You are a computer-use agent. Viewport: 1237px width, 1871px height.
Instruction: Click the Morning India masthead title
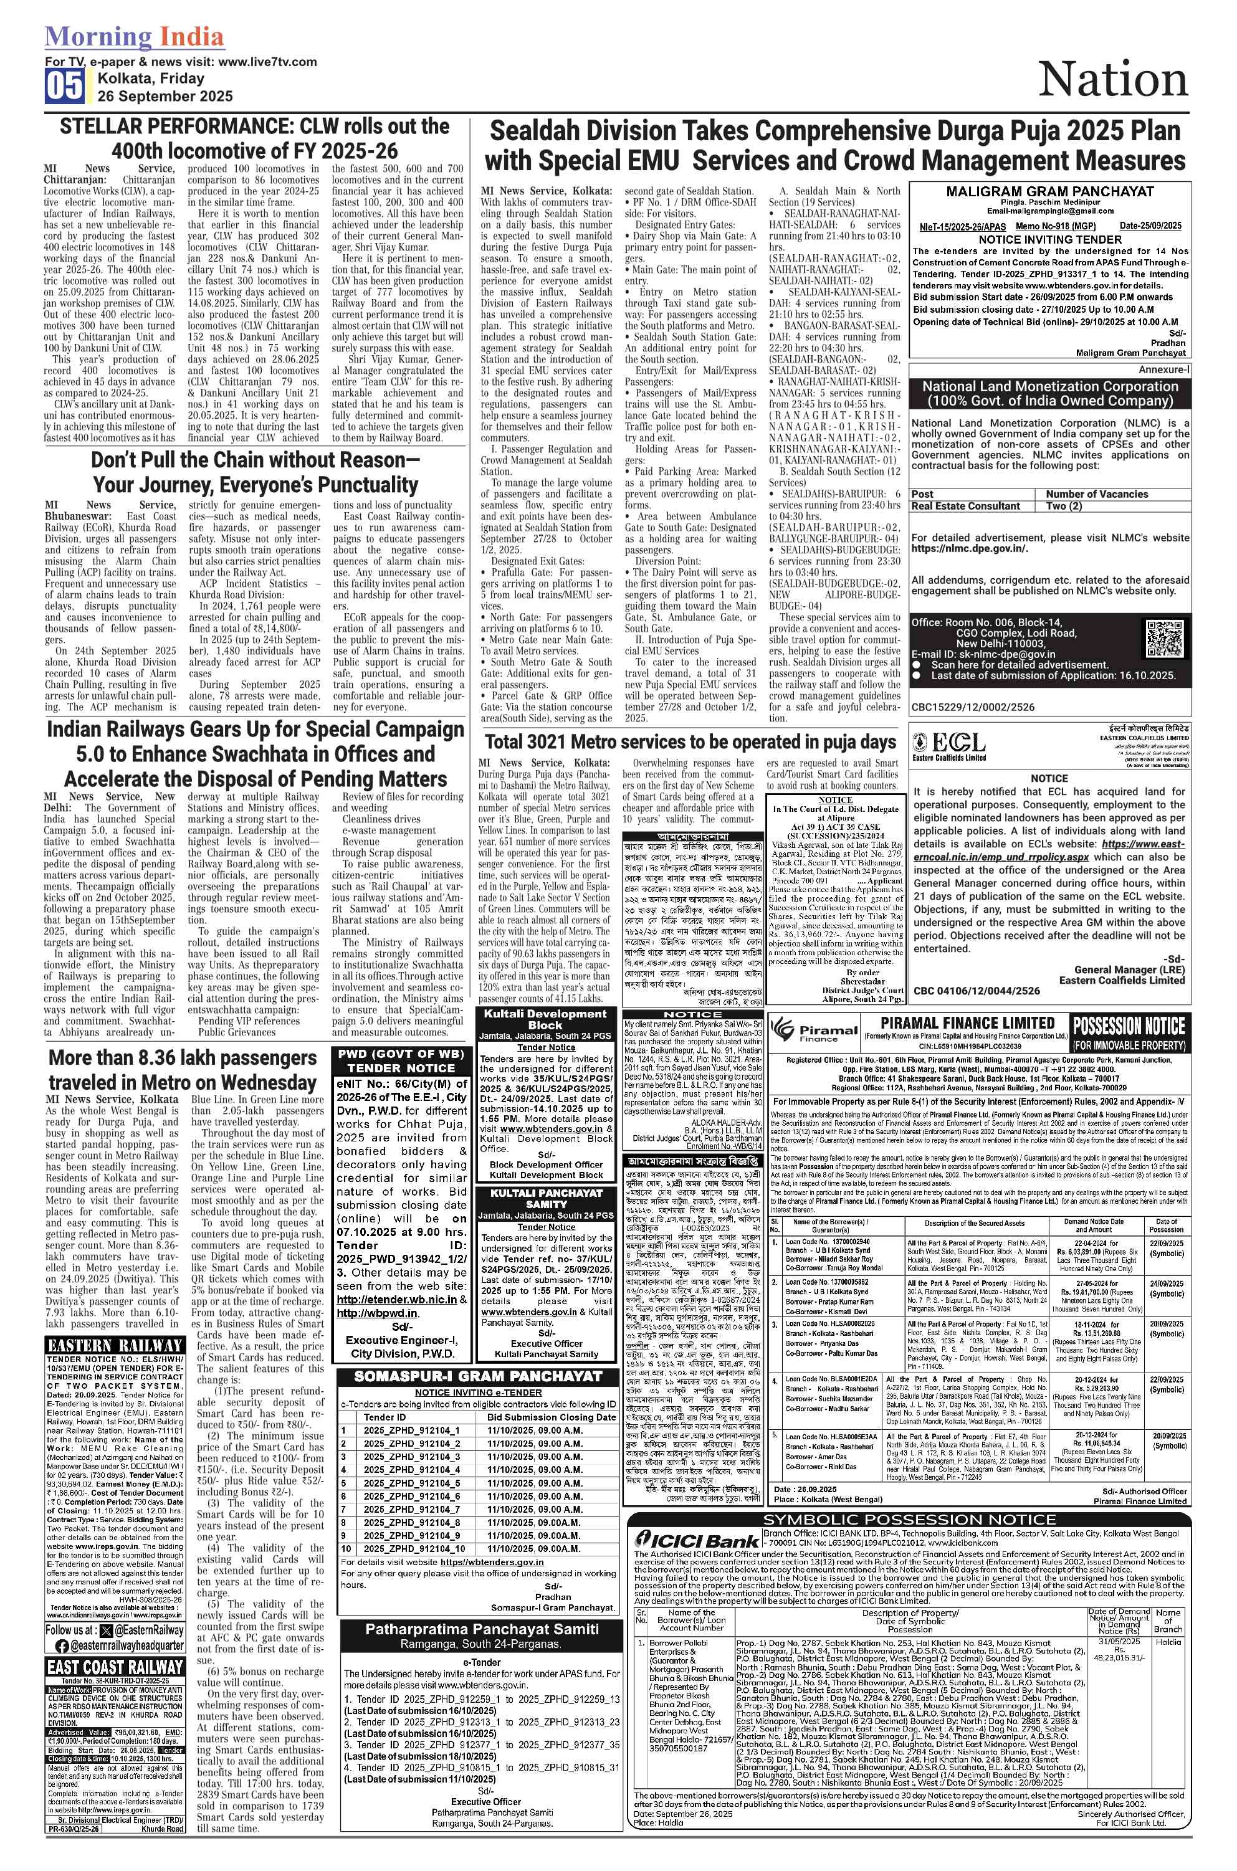[x=134, y=36]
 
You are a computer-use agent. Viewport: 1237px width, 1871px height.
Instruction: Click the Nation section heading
[x=1112, y=80]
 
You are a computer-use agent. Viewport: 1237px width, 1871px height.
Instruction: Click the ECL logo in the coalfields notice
[x=950, y=745]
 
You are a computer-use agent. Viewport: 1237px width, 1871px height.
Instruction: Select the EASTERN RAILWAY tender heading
[x=115, y=1345]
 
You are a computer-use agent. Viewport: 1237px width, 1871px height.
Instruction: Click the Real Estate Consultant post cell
[x=966, y=506]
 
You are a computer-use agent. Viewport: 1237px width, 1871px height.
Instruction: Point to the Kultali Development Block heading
[x=545, y=1019]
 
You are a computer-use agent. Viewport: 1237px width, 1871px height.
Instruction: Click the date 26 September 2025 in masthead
[x=165, y=96]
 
